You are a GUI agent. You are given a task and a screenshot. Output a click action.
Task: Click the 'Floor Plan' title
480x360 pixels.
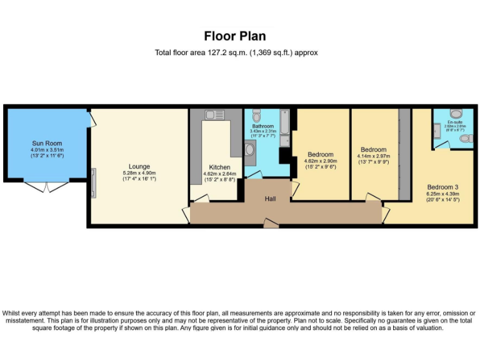point(235,36)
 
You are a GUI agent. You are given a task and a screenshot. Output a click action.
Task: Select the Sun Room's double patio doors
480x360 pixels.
point(47,186)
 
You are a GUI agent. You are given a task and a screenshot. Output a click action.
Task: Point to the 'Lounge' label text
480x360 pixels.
point(139,166)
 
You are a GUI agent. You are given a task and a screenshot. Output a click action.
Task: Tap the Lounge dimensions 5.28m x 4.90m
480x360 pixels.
point(139,173)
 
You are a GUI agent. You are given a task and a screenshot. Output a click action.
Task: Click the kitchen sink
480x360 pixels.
point(214,114)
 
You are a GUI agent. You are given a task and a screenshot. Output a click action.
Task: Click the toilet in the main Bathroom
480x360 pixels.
point(257,117)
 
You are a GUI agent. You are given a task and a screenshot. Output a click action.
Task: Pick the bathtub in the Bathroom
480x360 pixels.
point(284,124)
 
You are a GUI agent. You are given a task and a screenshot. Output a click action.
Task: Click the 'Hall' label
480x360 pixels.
point(271,198)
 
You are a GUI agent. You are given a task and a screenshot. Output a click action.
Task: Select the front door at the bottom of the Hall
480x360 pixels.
point(271,222)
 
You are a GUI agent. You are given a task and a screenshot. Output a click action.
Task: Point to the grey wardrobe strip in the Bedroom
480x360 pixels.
point(404,154)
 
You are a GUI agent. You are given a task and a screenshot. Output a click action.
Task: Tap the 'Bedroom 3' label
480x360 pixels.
point(442,187)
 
